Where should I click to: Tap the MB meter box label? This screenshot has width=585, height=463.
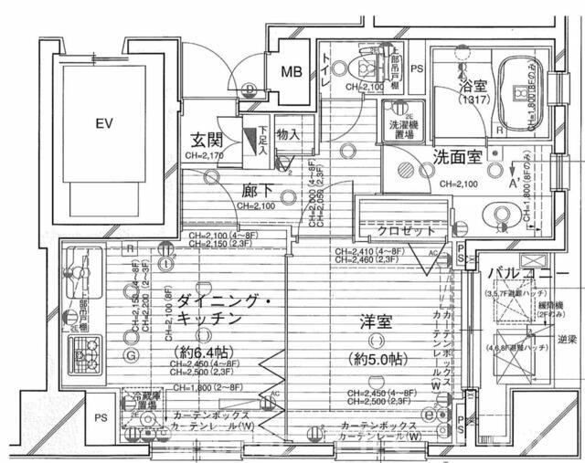click(291, 72)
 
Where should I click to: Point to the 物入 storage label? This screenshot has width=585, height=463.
click(287, 135)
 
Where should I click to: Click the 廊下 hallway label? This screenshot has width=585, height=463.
click(257, 191)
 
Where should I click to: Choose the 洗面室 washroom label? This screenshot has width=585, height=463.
click(456, 156)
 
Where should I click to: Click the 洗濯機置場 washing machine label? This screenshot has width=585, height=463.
click(399, 128)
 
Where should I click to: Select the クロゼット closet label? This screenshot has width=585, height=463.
click(408, 231)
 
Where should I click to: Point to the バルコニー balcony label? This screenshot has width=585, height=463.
click(522, 273)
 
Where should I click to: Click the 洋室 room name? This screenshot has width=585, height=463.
click(375, 321)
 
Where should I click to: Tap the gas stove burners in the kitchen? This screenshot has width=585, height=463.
click(87, 348)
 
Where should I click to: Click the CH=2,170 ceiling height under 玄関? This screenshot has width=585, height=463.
click(205, 156)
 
